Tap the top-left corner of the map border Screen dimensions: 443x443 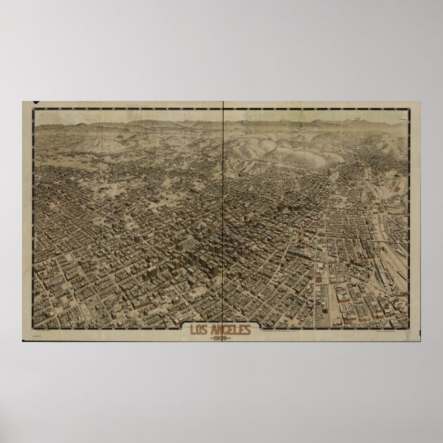tap(34, 107)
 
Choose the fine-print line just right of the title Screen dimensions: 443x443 tap(282, 331)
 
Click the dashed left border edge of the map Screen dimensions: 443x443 tap(34, 220)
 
